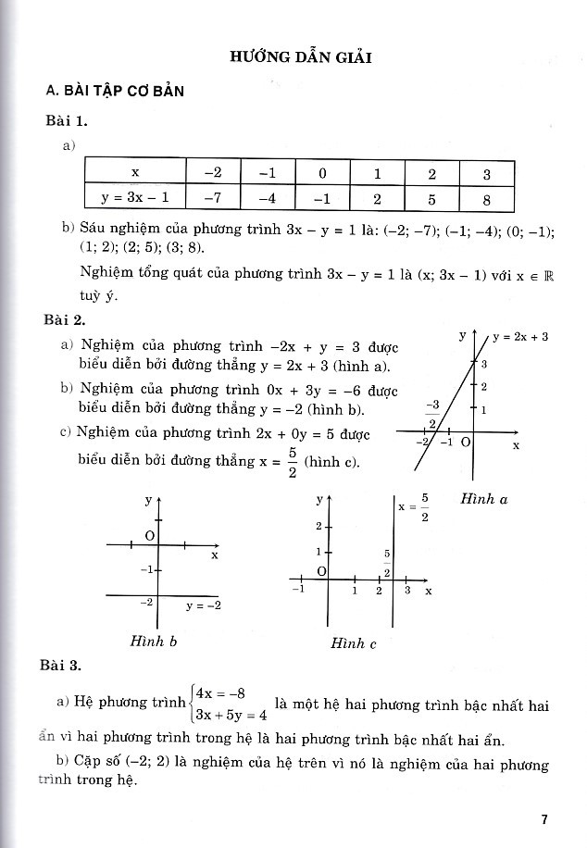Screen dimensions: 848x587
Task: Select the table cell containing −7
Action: (x=212, y=198)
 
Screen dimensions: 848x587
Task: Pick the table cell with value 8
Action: (x=487, y=198)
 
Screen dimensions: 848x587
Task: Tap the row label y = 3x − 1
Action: (x=135, y=198)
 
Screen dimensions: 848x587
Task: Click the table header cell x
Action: (x=135, y=172)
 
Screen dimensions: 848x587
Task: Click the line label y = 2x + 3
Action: (x=520, y=337)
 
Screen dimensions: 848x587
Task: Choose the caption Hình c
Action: (x=354, y=643)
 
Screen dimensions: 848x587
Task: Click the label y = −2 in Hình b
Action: (x=203, y=605)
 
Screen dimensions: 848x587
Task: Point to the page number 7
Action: (x=545, y=819)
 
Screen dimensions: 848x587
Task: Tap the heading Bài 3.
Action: (x=62, y=665)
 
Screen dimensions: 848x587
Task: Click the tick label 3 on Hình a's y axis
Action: (x=483, y=364)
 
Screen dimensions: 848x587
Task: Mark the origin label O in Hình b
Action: (x=150, y=536)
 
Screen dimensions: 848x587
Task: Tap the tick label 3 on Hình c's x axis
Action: (x=406, y=590)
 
